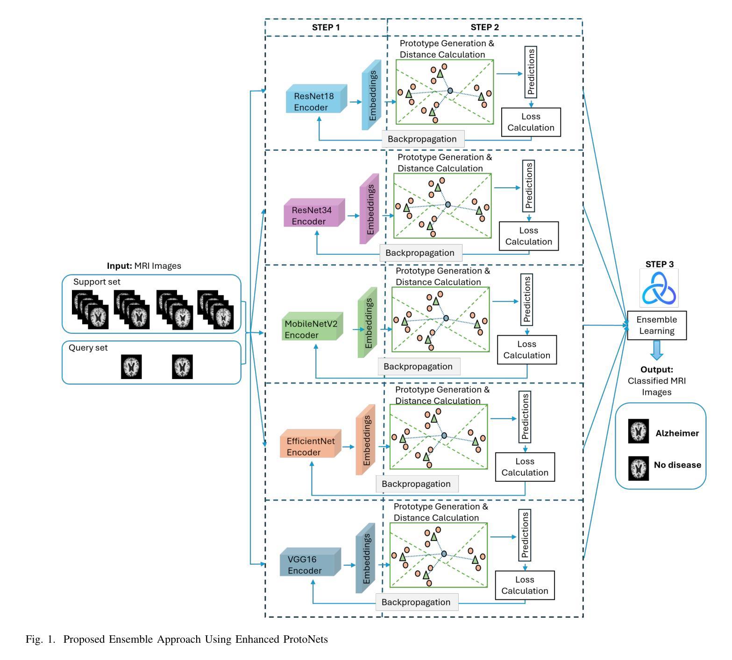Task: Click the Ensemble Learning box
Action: pyautogui.click(x=656, y=325)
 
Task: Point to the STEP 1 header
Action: pyautogui.click(x=326, y=28)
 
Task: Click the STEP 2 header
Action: pyautogui.click(x=484, y=28)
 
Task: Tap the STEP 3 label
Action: pyautogui.click(x=659, y=264)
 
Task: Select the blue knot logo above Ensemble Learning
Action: pyautogui.click(x=659, y=288)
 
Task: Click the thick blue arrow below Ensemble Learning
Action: pyautogui.click(x=657, y=350)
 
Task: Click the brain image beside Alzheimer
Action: pyautogui.click(x=638, y=431)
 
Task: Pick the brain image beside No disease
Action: pyautogui.click(x=638, y=468)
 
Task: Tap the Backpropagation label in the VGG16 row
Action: pyautogui.click(x=416, y=602)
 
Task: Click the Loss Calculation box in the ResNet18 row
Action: pyautogui.click(x=531, y=122)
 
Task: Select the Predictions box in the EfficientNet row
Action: pyautogui.click(x=525, y=416)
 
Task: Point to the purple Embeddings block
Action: pyautogui.click(x=370, y=209)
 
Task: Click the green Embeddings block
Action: pyautogui.click(x=368, y=323)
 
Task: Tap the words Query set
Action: pyautogui.click(x=88, y=348)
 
